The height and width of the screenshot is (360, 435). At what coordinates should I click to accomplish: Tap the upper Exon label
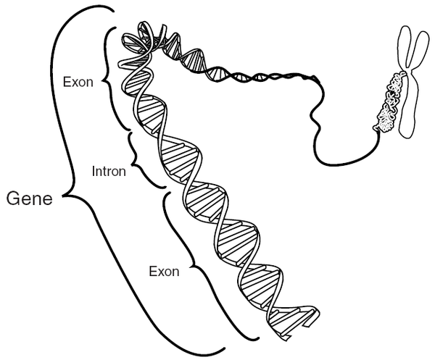pos(78,82)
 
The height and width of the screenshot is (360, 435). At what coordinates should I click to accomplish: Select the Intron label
pos(109,172)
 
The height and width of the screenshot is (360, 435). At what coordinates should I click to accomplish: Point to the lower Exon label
pos(163,272)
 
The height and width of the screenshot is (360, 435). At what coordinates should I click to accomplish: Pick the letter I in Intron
pos(94,172)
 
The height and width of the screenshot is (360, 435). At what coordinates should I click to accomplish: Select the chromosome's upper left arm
pos(402,47)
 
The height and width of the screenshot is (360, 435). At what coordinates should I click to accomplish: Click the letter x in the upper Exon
pos(76,82)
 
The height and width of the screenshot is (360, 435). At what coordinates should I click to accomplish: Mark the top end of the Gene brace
pos(112,9)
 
